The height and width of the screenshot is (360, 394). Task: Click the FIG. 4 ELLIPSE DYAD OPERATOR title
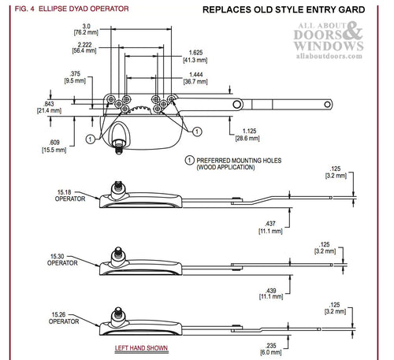(72, 9)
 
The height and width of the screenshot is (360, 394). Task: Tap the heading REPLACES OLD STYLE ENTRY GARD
(284, 9)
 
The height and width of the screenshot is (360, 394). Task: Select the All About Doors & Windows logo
(329, 40)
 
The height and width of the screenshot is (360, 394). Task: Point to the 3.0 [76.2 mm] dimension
(86, 29)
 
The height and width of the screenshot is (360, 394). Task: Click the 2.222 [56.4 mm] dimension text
(84, 47)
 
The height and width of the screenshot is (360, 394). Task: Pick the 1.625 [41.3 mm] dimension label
(195, 56)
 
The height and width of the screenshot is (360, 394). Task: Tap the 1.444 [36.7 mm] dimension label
(195, 78)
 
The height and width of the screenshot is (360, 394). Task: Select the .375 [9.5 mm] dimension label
(75, 77)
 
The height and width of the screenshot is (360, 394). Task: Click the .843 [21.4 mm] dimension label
(49, 107)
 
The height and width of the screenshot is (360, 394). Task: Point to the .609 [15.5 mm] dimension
(54, 147)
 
